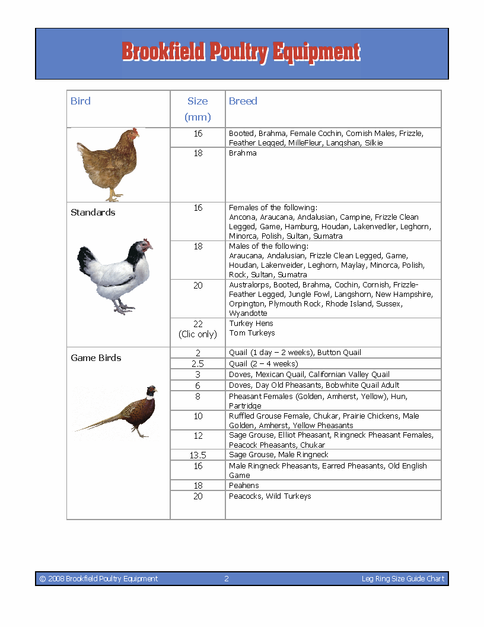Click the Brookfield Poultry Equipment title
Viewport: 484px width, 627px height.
pos(241,52)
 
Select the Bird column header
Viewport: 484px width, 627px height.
pos(81,101)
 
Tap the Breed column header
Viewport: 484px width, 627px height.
pos(243,101)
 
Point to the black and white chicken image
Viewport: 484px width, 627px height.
pos(115,275)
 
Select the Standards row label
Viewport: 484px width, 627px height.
pos(93,213)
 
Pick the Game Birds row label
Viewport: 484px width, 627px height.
pos(96,358)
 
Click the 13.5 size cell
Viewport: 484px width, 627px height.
pos(198,455)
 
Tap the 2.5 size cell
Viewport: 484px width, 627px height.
pos(198,364)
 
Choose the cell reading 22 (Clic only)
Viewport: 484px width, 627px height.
pos(198,329)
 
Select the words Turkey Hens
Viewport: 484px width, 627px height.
pos(251,324)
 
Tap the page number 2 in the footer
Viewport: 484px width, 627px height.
pos(227,579)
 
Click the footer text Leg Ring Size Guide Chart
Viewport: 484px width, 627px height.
pos(403,579)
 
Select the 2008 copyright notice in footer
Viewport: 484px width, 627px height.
pos(98,579)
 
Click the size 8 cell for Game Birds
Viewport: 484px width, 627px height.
pos(198,397)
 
